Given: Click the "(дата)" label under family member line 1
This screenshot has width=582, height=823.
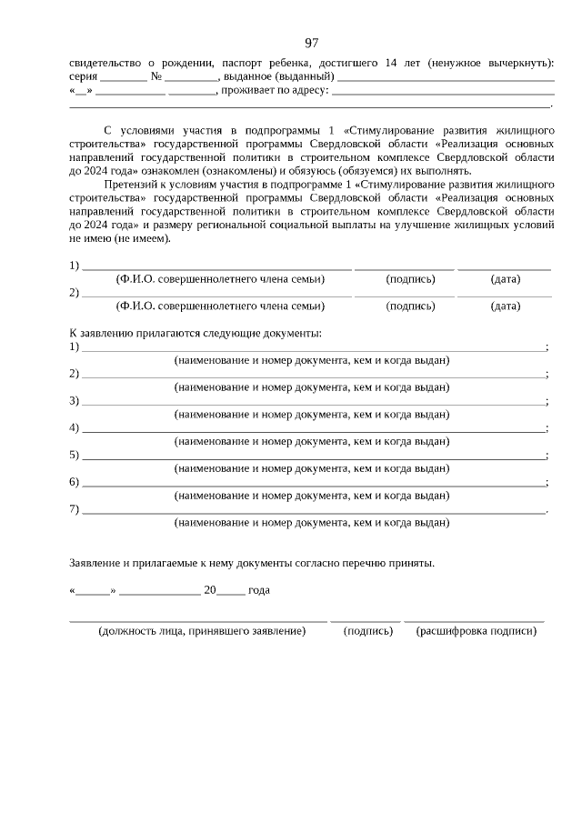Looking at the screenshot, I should (x=505, y=279).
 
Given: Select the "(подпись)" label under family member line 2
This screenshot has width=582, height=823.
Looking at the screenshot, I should (x=410, y=306).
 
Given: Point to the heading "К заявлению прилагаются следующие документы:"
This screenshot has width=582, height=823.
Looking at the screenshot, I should (x=196, y=334).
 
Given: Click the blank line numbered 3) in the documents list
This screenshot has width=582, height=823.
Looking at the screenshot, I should (x=314, y=401).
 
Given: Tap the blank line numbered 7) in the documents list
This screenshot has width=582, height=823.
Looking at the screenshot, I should (x=314, y=509).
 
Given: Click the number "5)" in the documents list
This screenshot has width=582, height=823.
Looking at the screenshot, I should (x=75, y=455).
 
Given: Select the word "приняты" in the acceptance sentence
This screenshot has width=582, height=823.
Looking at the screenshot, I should (x=414, y=563).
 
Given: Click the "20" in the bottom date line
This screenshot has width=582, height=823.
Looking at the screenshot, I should (x=210, y=590).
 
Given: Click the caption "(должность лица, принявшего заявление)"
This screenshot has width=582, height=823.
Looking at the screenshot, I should (x=202, y=631).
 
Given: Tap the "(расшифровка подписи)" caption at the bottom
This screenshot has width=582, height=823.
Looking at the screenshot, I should (x=476, y=631).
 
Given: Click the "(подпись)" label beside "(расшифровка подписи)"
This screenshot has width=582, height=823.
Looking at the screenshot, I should (x=367, y=631).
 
